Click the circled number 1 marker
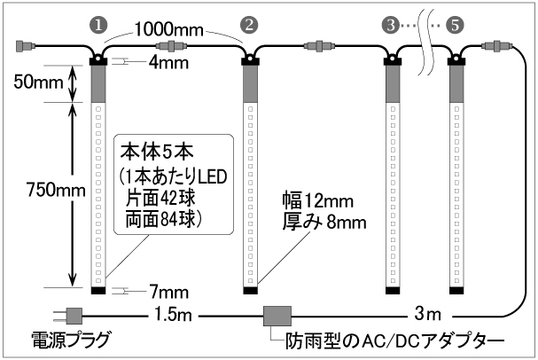click(x=98, y=25)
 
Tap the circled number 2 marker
click(x=249, y=25)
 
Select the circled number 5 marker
click(x=455, y=25)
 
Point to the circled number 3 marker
click(x=391, y=25)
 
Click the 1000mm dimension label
click(x=168, y=29)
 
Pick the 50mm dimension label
click(x=38, y=82)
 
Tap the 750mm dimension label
click(x=56, y=190)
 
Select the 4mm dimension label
click(x=168, y=63)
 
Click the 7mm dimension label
click(x=169, y=293)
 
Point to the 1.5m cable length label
click(x=173, y=314)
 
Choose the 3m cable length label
click(x=427, y=314)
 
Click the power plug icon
click(x=67, y=316)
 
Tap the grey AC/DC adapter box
click(x=277, y=316)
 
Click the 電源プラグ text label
click(x=70, y=340)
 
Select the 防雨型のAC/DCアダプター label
click(x=395, y=340)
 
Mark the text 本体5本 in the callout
click(x=157, y=153)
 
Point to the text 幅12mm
click(x=317, y=200)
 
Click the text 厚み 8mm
click(x=324, y=222)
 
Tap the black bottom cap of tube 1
click(x=98, y=291)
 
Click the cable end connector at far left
click(x=26, y=45)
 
